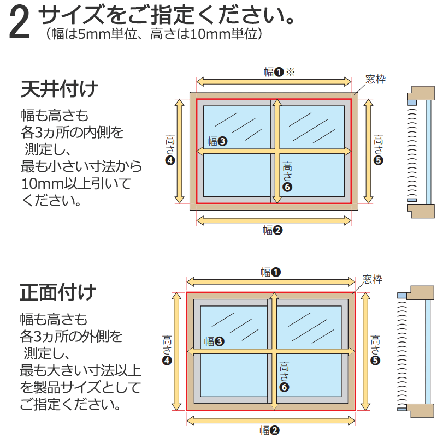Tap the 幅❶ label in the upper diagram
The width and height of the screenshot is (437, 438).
click(x=273, y=72)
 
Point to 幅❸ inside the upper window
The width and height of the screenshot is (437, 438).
click(x=217, y=142)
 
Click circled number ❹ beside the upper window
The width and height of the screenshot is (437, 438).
click(x=170, y=160)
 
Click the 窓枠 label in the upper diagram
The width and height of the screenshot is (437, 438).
click(x=375, y=80)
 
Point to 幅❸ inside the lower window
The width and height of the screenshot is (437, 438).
click(x=214, y=342)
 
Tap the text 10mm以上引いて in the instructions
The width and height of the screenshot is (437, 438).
click(x=76, y=184)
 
